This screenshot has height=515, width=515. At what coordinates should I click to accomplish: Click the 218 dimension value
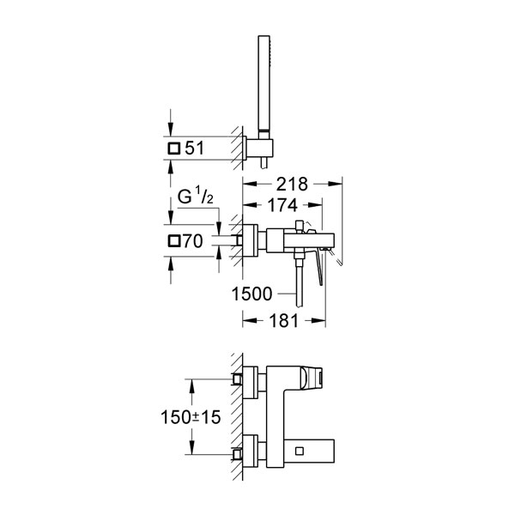(x=292, y=184)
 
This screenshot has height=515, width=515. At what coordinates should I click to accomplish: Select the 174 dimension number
(x=282, y=205)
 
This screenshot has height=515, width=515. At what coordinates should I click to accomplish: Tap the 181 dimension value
(x=284, y=320)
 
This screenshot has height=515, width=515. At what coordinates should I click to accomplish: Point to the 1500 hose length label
(x=251, y=294)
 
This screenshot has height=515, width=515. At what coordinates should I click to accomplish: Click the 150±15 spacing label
(x=191, y=417)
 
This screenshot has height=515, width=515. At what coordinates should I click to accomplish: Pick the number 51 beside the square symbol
(x=195, y=148)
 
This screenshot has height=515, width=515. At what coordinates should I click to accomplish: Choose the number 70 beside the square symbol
(x=193, y=241)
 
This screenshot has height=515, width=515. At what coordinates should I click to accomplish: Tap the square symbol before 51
(x=174, y=148)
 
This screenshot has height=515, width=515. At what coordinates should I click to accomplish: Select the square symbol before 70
(x=174, y=241)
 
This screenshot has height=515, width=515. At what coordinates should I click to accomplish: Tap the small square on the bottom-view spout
(x=300, y=451)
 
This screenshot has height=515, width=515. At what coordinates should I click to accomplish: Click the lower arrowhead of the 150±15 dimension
(x=191, y=448)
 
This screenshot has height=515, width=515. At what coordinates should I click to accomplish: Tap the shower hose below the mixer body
(x=299, y=282)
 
